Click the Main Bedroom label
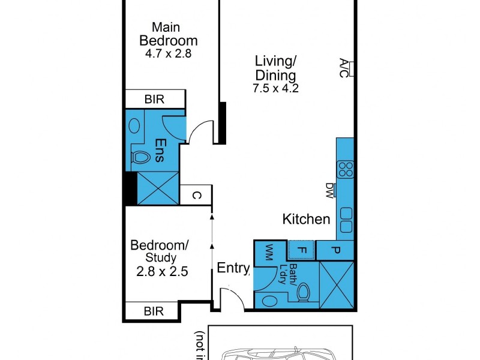(169, 34)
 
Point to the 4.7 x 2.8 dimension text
(169, 53)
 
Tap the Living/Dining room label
(276, 68)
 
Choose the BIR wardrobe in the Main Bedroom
(155, 99)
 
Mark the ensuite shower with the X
(158, 188)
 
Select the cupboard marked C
(196, 194)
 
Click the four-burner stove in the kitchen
(346, 169)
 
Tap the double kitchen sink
(346, 220)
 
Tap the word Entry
(233, 268)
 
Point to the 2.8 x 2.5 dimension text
(162, 271)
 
